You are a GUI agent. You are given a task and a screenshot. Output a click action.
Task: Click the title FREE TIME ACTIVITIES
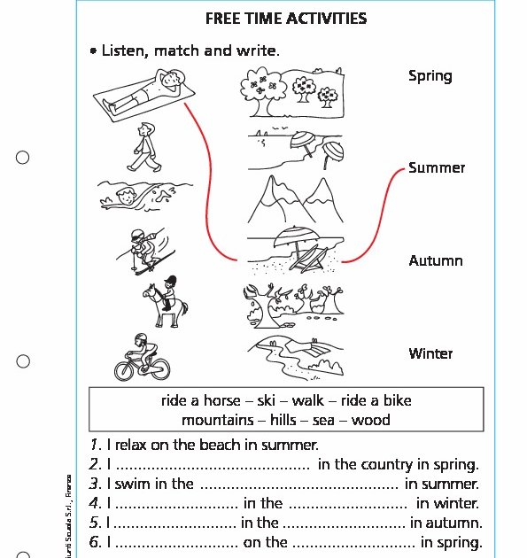tap(285, 19)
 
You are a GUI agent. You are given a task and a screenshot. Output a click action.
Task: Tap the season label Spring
tap(430, 76)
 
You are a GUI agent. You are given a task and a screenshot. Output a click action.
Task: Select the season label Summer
tap(437, 168)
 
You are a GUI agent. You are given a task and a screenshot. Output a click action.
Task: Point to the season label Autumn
tap(436, 260)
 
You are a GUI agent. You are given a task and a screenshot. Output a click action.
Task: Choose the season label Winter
tap(430, 353)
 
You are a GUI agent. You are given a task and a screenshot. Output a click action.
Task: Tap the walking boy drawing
tap(143, 146)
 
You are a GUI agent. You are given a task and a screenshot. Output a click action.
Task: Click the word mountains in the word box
tap(215, 420)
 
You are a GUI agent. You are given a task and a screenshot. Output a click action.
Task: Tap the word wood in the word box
tap(370, 420)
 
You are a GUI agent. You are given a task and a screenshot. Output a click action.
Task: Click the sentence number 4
tap(96, 503)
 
